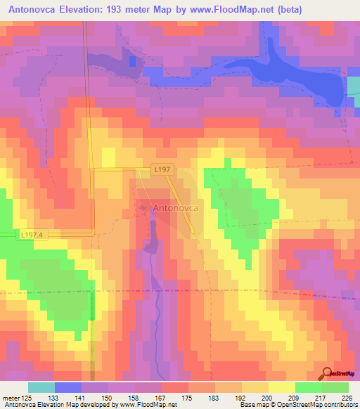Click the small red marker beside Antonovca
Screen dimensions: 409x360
click(144, 209)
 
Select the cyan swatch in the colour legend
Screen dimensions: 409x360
click(41, 387)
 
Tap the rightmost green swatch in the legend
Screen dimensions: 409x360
click(335, 387)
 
